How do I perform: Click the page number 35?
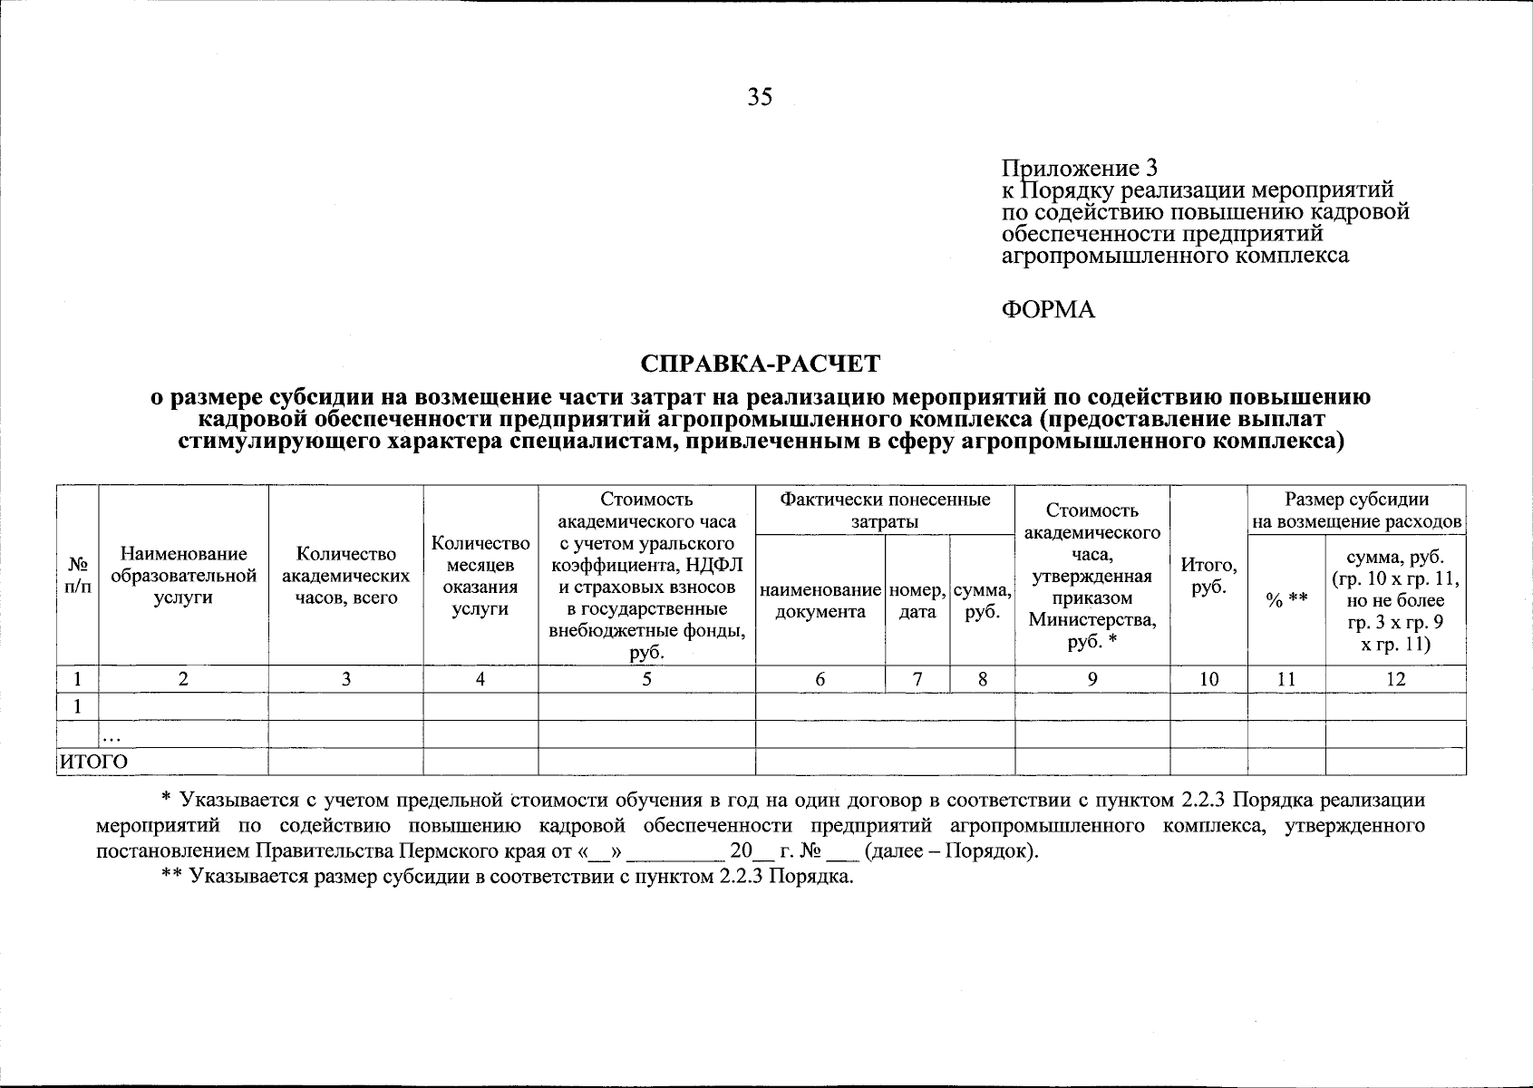760,97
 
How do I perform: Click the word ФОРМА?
1048,310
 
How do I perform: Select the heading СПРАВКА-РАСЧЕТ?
760,364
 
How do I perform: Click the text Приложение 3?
1079,168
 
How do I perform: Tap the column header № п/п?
77,576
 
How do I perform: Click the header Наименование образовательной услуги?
183,576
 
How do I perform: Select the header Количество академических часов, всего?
345,576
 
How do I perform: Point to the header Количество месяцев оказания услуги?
480,576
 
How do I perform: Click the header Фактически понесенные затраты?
884,510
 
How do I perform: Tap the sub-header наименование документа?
820,600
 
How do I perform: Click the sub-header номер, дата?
917,600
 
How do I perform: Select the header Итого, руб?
1208,576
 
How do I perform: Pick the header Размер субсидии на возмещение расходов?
1356,510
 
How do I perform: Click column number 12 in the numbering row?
1395,679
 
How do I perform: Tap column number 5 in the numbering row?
646,679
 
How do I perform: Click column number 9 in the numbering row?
1092,679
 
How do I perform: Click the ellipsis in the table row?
113,736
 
